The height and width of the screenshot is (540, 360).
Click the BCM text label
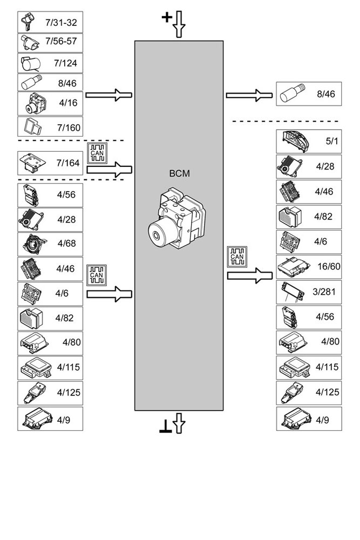tap(179, 174)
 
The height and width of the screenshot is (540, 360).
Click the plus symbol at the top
tap(167, 18)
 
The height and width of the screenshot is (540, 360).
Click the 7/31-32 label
tap(61, 23)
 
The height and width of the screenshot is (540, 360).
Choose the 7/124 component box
tap(50, 63)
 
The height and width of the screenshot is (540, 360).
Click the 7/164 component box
tap(50, 163)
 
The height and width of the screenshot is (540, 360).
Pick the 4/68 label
tap(66, 243)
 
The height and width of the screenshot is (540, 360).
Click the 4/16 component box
tap(50, 103)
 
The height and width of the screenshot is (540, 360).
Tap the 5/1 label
tap(331, 141)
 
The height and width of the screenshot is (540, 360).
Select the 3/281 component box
tap(309, 292)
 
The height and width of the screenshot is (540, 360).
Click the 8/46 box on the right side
tap(309, 94)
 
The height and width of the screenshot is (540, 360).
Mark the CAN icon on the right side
tap(237, 257)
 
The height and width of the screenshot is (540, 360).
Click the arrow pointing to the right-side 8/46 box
tap(248, 95)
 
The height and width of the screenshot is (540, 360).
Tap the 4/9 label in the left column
tap(64, 418)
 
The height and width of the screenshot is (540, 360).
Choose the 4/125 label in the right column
tap(327, 393)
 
